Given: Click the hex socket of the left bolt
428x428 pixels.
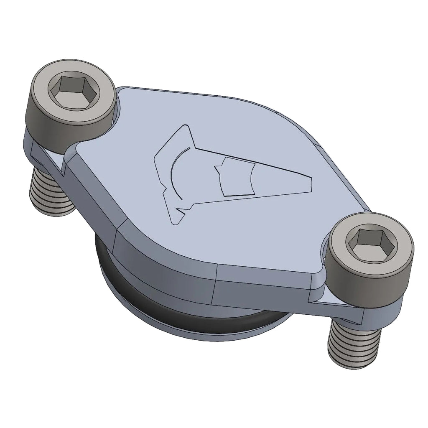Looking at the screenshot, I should point(69,88).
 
